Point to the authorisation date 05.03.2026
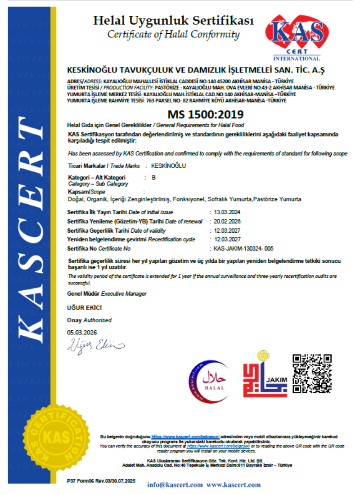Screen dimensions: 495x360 click(x=82, y=333)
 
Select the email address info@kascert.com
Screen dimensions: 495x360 click(x=175, y=485)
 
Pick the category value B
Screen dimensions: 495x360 click(x=154, y=178)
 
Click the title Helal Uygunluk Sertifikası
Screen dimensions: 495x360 click(x=173, y=21)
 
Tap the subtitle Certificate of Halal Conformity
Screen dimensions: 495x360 click(x=173, y=34)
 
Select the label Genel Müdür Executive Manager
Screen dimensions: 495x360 click(x=107, y=293)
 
